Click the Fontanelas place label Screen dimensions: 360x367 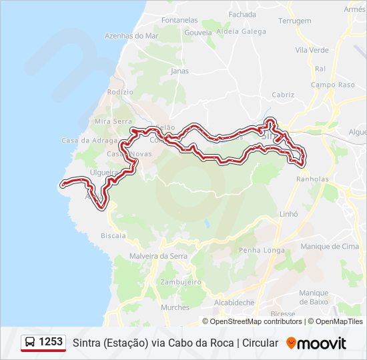click(x=179, y=20)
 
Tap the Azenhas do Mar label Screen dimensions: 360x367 click(x=131, y=35)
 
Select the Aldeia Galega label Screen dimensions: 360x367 click(x=244, y=31)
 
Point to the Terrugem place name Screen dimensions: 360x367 click(x=294, y=21)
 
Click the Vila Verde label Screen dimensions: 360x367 click(x=312, y=50)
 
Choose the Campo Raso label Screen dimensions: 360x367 click(x=332, y=85)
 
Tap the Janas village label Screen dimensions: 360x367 click(x=179, y=70)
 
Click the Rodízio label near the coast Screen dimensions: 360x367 click(x=120, y=92)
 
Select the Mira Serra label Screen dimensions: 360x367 click(x=111, y=121)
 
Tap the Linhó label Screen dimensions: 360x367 click(x=288, y=214)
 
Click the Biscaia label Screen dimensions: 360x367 click(x=113, y=235)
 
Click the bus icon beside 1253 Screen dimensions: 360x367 click(x=30, y=343)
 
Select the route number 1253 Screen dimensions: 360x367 click(x=51, y=342)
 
